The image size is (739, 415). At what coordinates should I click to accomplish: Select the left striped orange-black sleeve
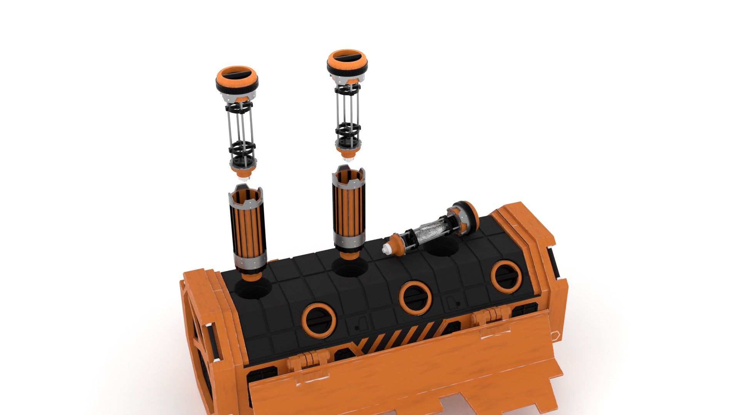pos(248,231)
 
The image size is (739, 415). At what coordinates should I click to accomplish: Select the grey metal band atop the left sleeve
pos(246,198)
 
